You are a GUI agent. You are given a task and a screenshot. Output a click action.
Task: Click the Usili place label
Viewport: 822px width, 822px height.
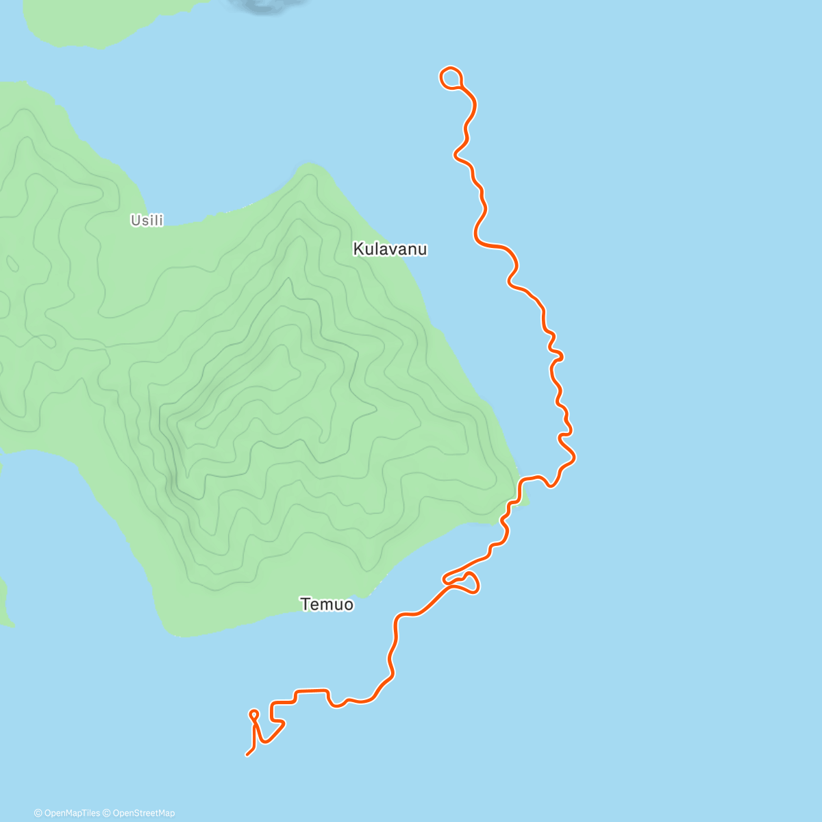(147, 221)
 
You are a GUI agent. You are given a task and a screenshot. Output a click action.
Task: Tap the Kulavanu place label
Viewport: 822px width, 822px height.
(390, 249)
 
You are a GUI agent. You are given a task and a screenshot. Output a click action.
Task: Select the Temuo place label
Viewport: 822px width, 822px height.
(327, 604)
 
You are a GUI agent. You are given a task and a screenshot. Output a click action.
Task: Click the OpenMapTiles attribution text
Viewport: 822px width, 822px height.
(71, 813)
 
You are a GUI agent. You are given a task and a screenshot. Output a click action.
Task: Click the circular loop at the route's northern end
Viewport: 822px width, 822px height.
(450, 78)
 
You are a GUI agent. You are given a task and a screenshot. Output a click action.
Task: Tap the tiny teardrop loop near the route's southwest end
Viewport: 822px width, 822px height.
(253, 715)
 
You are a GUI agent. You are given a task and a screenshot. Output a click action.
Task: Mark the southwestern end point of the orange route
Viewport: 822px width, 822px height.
(247, 755)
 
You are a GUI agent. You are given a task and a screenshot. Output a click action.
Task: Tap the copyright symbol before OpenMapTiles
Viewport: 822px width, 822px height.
(38, 813)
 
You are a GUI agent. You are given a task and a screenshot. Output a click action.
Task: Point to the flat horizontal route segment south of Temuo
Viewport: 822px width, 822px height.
(312, 690)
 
